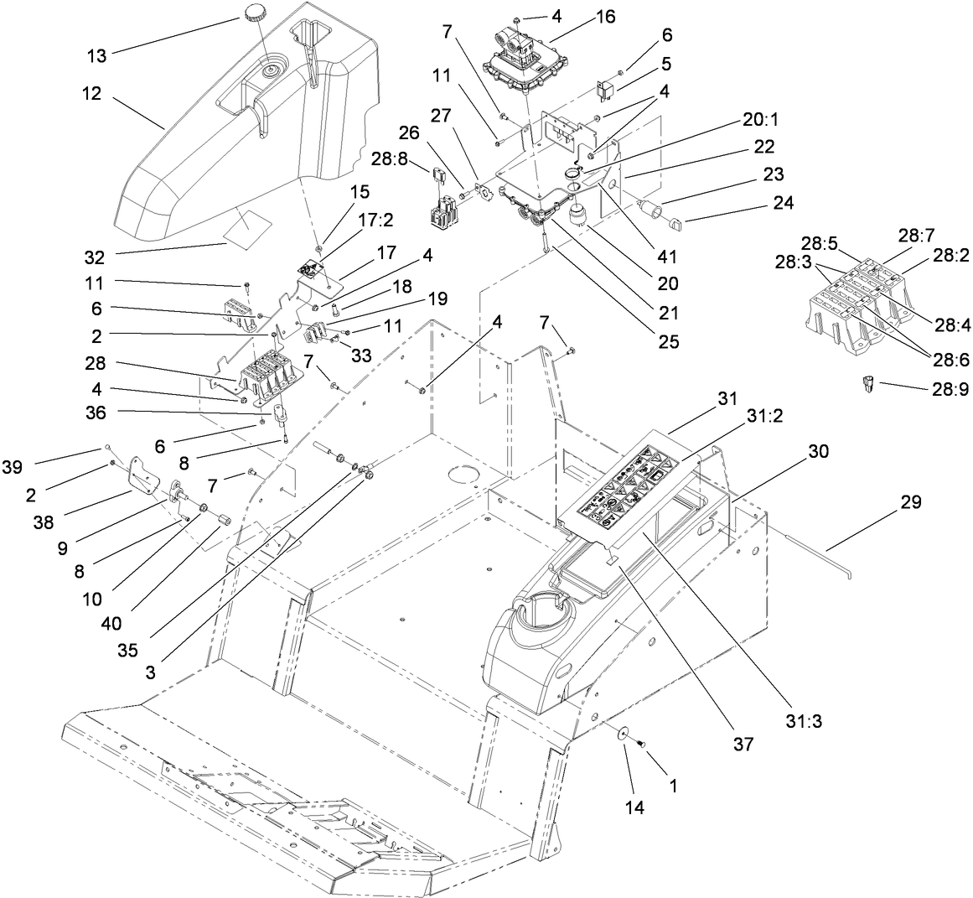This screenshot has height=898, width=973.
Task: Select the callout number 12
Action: pyautogui.click(x=92, y=94)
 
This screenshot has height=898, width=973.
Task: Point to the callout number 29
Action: pyautogui.click(x=911, y=502)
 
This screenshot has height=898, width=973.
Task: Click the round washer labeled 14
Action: pyautogui.click(x=624, y=733)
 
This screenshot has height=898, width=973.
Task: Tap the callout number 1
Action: pyautogui.click(x=670, y=787)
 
